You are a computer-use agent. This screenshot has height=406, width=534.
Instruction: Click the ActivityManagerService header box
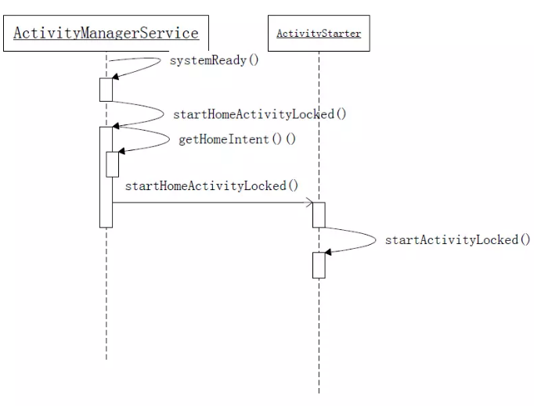pos(106,34)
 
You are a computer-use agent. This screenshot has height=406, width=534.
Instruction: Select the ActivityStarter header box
pos(319,34)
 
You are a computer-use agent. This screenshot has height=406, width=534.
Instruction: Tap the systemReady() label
pos(214,60)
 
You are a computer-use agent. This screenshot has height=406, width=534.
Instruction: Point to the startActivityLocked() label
pos(457,239)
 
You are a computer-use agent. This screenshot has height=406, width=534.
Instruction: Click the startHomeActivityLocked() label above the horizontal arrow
pos(211,185)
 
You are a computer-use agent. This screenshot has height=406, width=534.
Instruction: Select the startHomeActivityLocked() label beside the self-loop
pos(259,114)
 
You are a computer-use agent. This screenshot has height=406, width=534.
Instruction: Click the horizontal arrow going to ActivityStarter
pos(211,203)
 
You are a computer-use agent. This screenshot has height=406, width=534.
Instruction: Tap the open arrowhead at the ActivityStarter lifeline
pos(309,203)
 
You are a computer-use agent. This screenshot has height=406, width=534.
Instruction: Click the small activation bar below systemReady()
pos(106,89)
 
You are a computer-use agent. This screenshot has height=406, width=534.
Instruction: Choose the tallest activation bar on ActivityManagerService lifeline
pos(106,176)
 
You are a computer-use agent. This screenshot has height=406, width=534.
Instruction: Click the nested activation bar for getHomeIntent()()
pos(112,163)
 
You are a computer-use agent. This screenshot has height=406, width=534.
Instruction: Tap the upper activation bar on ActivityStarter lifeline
pos(319,214)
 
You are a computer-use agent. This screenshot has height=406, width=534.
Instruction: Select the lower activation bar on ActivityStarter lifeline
pos(319,264)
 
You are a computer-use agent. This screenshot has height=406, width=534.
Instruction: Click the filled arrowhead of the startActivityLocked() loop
pos(328,252)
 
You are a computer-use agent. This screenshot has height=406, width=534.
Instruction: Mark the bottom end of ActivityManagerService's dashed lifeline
pos(106,358)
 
